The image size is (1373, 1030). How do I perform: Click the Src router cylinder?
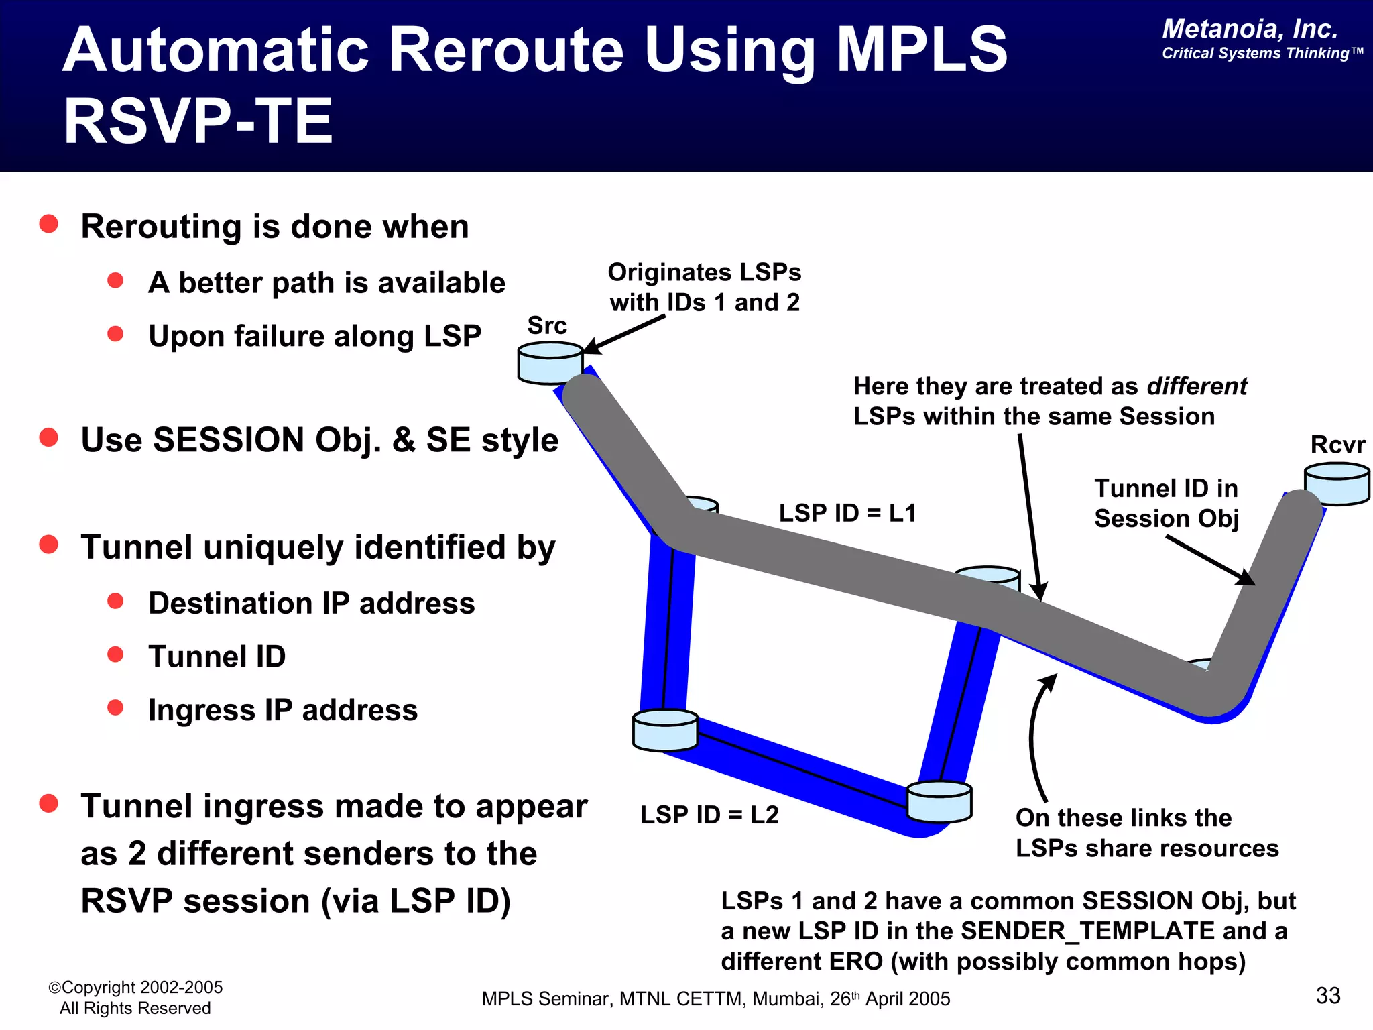point(549,362)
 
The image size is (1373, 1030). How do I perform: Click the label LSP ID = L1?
point(847,513)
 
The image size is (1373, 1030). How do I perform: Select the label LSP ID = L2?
point(709,815)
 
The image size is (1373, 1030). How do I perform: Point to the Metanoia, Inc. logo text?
point(1250,29)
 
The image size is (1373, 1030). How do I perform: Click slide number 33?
point(1327,995)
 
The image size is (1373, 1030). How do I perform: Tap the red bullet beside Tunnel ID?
point(115,654)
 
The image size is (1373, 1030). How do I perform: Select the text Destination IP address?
point(311,603)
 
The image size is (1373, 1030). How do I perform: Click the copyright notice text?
point(135,997)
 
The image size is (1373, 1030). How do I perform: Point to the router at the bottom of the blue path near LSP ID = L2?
point(939,801)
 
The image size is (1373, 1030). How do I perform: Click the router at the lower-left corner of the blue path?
point(665,730)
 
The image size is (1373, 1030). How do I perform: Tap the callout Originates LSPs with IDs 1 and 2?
point(704,287)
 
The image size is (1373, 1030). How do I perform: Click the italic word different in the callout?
point(1197,386)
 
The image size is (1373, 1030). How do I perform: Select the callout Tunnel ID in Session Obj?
point(1166,504)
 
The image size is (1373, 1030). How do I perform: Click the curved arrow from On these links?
point(1034,738)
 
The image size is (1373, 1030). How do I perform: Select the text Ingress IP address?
point(282,710)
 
